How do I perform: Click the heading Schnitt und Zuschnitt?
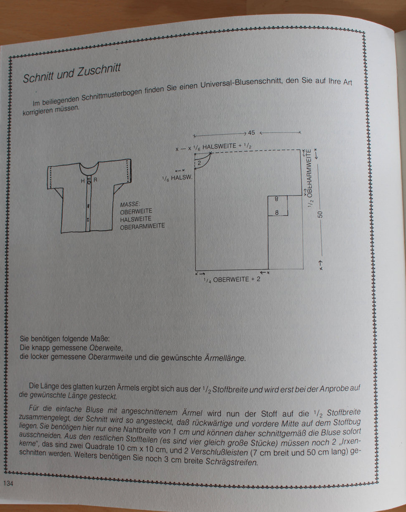[x=72, y=73]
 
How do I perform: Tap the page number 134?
[x=8, y=484]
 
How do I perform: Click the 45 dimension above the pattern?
[x=251, y=132]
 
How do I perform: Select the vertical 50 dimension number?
[x=320, y=214]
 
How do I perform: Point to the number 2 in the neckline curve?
[x=199, y=163]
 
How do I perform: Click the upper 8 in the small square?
[x=277, y=199]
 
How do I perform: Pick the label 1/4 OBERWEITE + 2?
[x=232, y=279]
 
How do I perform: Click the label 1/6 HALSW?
[x=177, y=178]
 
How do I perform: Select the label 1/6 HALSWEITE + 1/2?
[x=223, y=147]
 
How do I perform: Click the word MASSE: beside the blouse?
[x=130, y=204]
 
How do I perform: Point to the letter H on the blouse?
[x=83, y=181]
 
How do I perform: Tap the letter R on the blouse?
[x=95, y=180]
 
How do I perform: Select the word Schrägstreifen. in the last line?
[x=231, y=462]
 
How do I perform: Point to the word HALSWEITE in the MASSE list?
[x=136, y=219]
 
